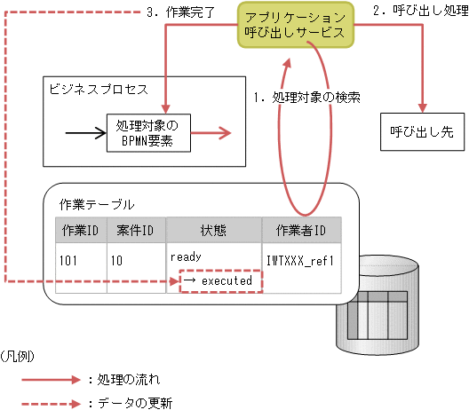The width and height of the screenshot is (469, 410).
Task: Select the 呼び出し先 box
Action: coord(421,130)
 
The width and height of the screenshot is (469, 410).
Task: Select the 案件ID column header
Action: coord(136,230)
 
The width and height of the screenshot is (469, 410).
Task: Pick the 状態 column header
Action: coord(213,230)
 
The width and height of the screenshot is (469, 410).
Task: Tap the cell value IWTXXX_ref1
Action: coord(299,263)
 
